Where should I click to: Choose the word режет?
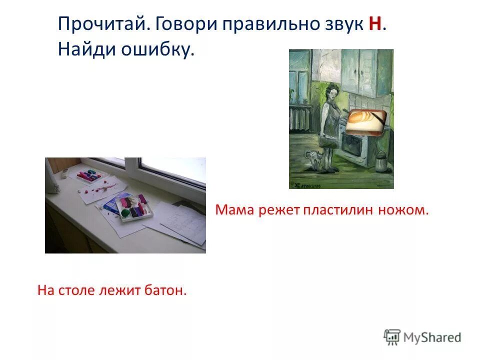click(x=279, y=210)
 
